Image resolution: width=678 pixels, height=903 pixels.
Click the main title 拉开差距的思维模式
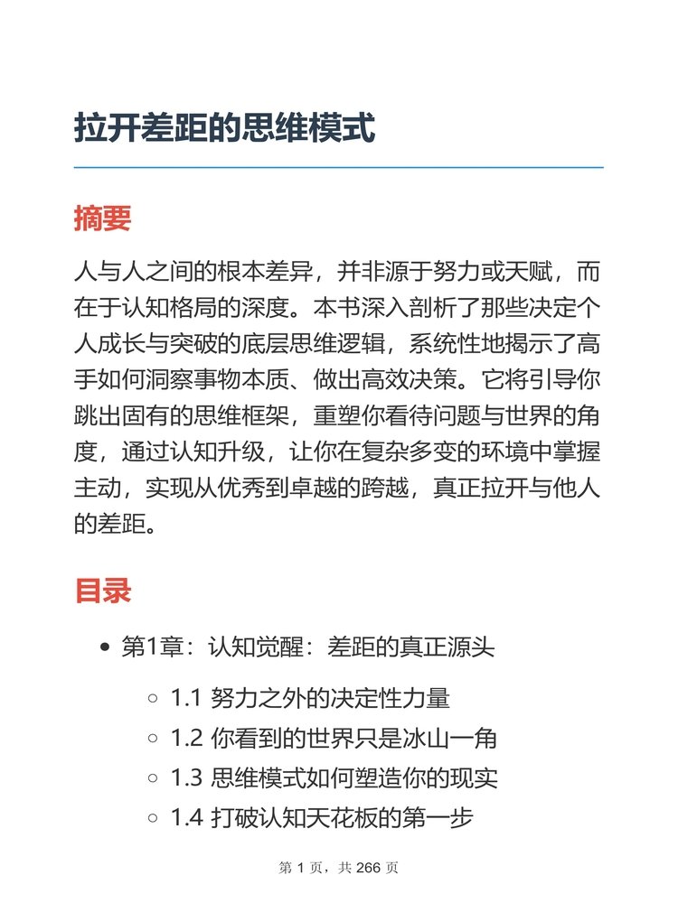[224, 127]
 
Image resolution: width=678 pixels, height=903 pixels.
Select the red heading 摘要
[102, 219]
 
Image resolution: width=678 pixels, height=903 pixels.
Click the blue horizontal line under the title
[338, 168]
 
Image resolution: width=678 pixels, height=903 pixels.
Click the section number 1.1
[185, 698]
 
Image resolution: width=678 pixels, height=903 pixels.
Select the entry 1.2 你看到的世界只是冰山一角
[334, 739]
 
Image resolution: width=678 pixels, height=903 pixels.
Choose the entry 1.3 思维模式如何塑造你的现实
[334, 778]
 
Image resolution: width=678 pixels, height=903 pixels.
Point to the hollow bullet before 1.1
[152, 698]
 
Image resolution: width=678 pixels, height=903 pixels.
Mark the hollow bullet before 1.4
[152, 818]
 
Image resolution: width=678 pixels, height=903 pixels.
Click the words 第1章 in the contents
[151, 647]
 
